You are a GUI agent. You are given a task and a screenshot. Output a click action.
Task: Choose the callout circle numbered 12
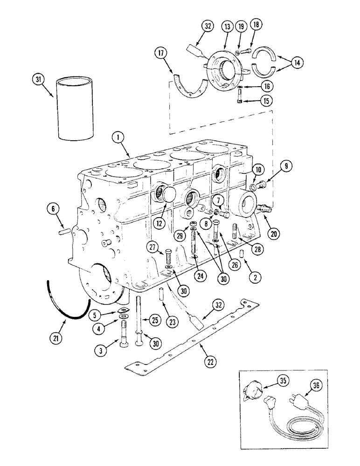(x=159, y=223)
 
